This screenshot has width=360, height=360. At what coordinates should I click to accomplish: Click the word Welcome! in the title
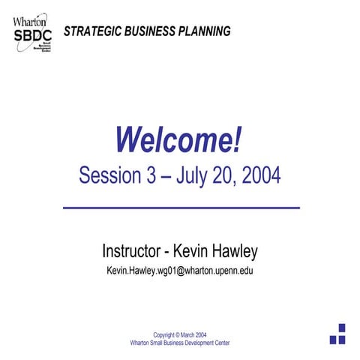coord(179,139)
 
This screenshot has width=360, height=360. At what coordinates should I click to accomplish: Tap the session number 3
coord(151,175)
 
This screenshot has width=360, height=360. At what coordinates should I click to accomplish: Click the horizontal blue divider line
coord(179,207)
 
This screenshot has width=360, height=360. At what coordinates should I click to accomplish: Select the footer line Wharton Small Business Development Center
coord(180,342)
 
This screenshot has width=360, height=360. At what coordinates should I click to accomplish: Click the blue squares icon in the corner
coord(337,334)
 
